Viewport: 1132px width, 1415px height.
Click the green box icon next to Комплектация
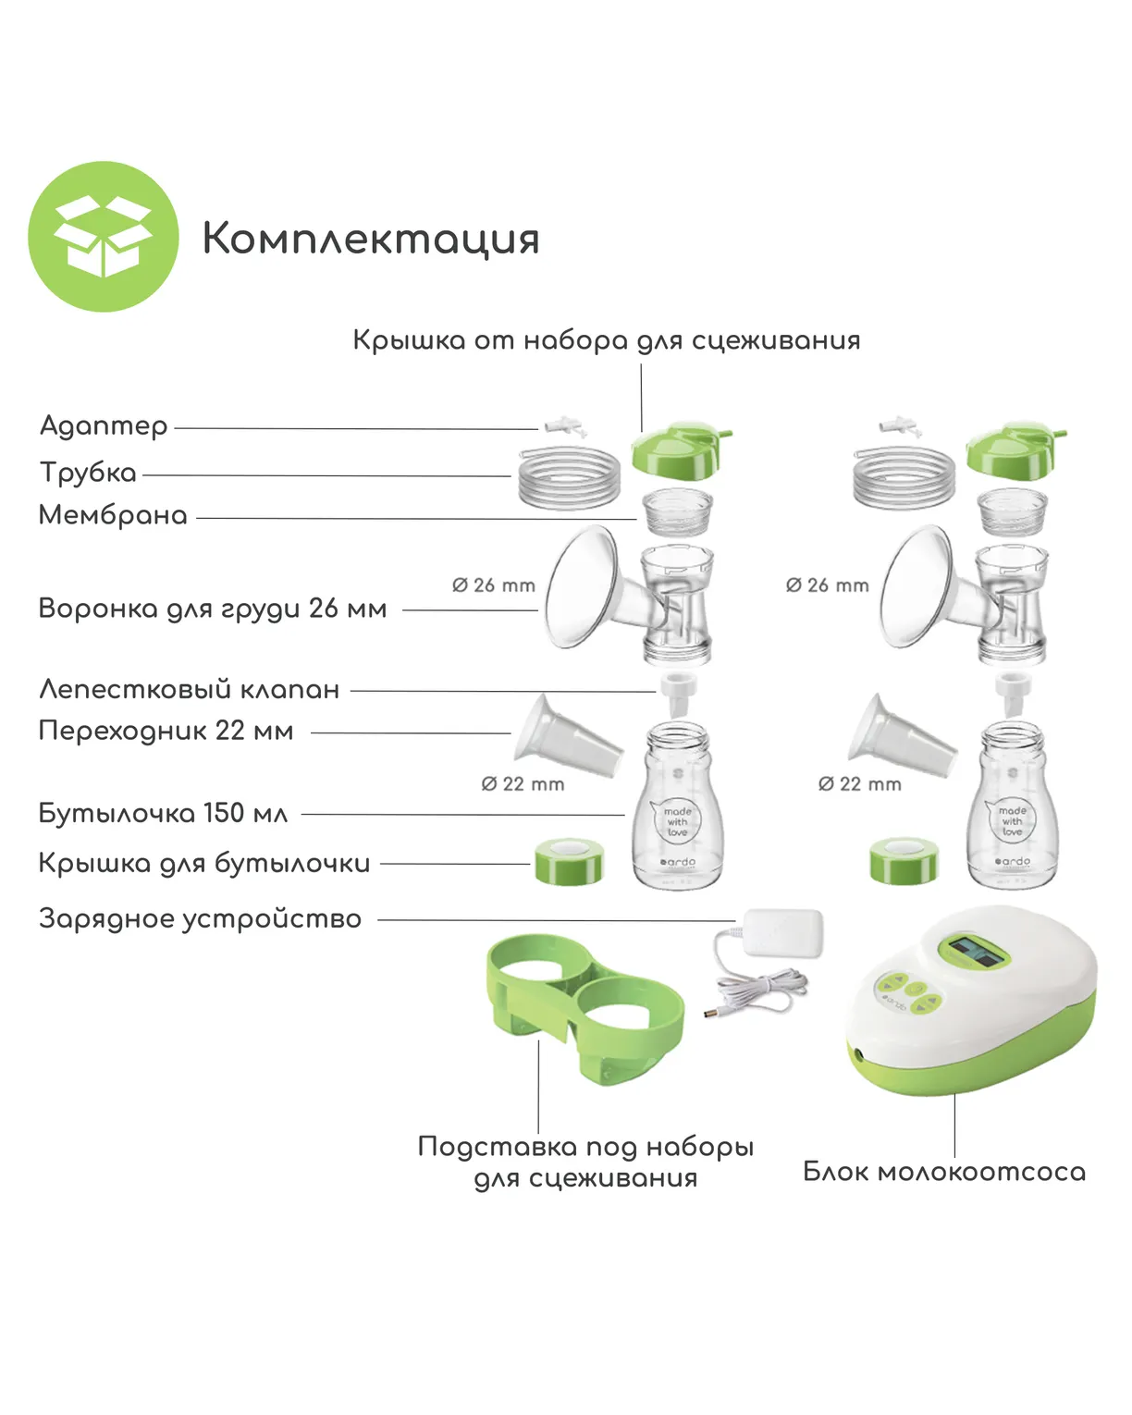104,237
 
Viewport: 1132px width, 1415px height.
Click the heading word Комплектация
370,239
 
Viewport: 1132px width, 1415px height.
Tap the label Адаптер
104,426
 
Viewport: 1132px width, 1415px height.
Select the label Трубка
89,472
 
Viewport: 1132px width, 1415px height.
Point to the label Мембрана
113,515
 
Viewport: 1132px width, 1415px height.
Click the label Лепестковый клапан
190,689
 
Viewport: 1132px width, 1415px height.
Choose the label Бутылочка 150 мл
163,813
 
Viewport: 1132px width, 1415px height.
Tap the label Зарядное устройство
201,919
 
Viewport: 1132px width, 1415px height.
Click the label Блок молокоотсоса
944,1172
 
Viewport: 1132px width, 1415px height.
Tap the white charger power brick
782,934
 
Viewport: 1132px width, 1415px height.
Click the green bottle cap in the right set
904,862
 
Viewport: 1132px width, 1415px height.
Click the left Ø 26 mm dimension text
494,585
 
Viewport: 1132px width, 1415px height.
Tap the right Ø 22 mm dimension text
860,783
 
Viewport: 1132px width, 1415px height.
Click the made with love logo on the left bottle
677,821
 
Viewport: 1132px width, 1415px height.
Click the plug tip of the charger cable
709,1014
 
